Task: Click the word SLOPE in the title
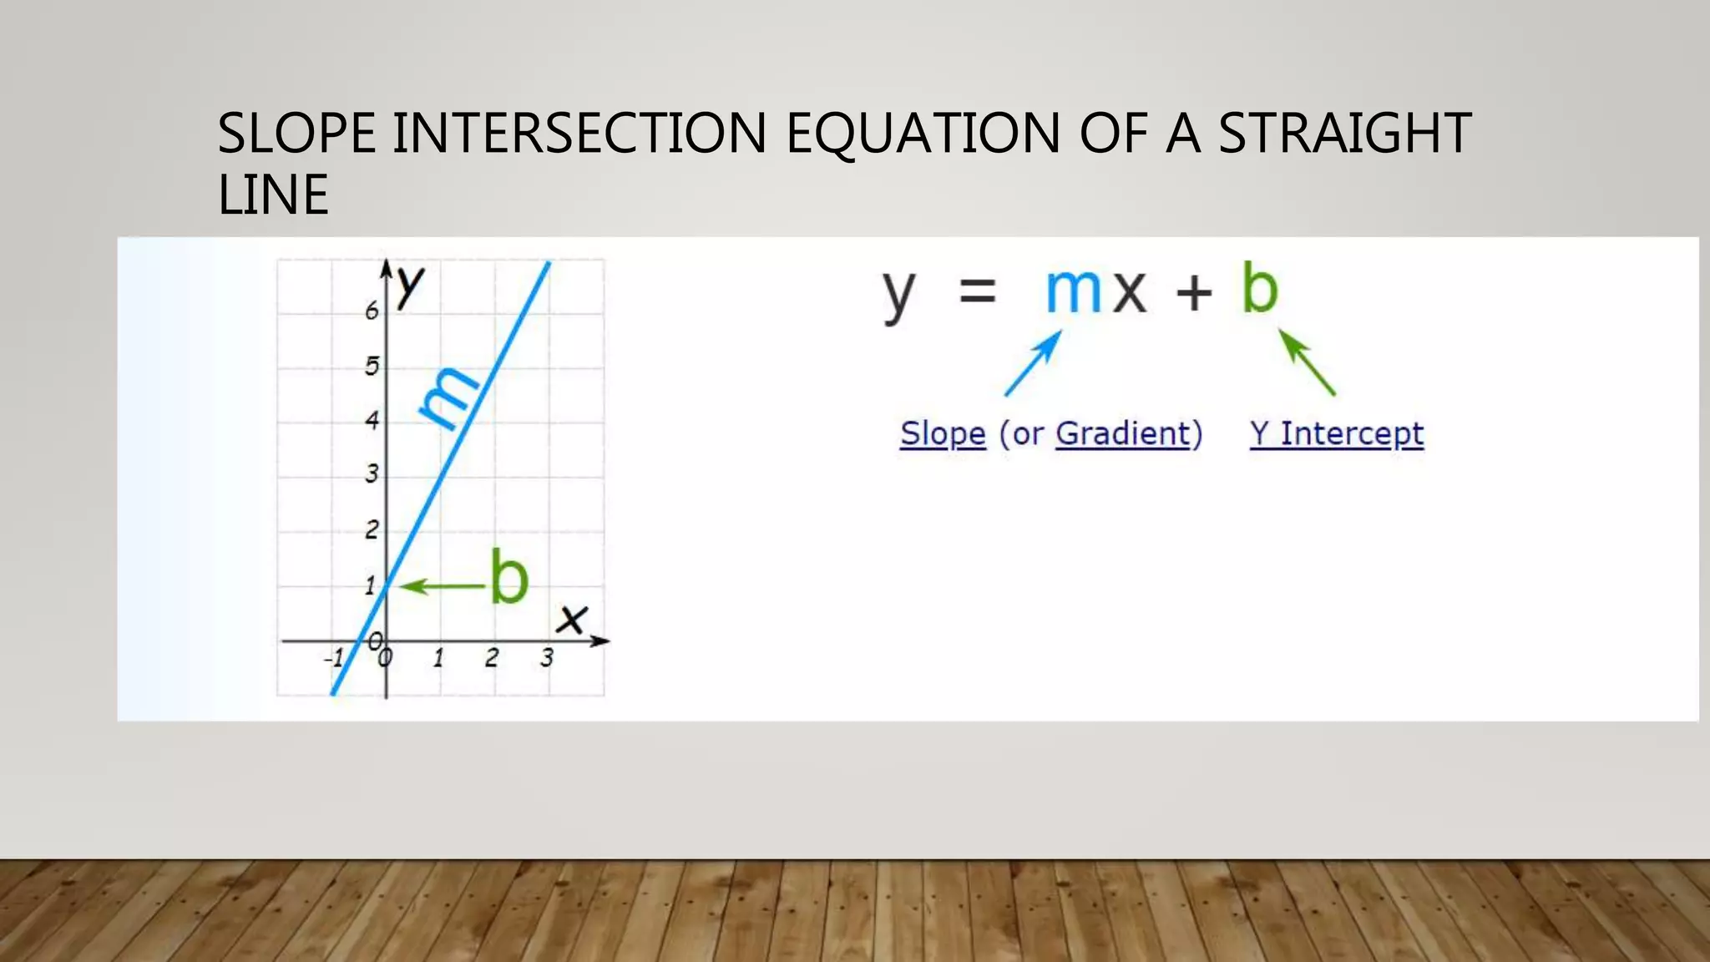coord(296,134)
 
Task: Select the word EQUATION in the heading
coord(923,134)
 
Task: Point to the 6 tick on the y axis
coord(372,311)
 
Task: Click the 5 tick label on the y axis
coord(372,366)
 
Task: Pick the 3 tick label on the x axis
coord(547,658)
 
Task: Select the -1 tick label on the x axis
coord(334,659)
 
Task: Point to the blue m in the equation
coord(1074,291)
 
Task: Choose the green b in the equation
coord(1260,289)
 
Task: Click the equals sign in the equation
coord(978,292)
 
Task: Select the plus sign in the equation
coord(1194,293)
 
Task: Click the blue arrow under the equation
coord(1033,363)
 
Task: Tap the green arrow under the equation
coord(1307,362)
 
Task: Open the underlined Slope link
coord(943,434)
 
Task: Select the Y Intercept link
coord(1337,434)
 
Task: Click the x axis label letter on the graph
coord(573,620)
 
